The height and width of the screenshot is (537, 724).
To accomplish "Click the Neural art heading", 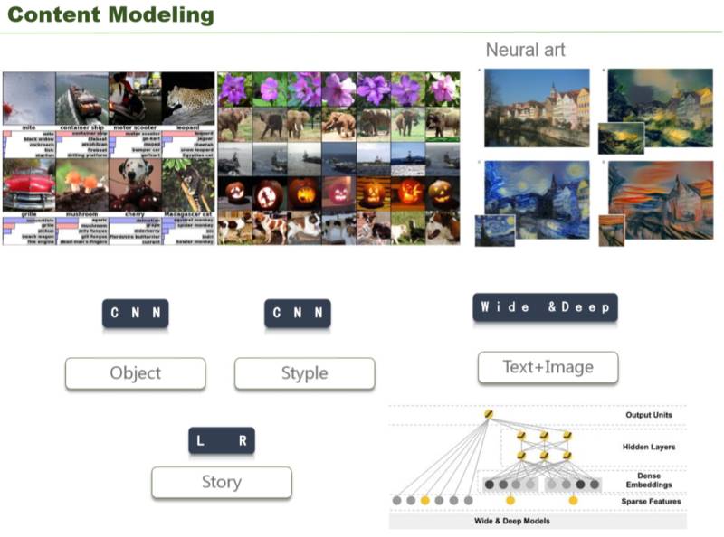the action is coord(525,50).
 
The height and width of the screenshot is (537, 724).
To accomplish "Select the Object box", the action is coord(135,373).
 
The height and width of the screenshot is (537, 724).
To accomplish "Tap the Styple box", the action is coord(304,373).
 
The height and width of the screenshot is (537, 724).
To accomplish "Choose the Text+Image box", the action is coord(548,367).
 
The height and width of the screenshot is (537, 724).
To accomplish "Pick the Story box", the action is coord(221,482).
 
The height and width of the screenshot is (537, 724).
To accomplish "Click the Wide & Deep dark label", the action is coord(545,307).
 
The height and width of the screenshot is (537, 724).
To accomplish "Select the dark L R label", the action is coord(221,441).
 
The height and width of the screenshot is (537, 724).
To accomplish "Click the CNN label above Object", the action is coord(135,314).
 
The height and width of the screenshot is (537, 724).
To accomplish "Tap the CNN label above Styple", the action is coord(297,314).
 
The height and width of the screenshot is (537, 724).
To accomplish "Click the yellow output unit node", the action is coord(489,415).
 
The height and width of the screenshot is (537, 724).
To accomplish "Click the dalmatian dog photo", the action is coord(136,184).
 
